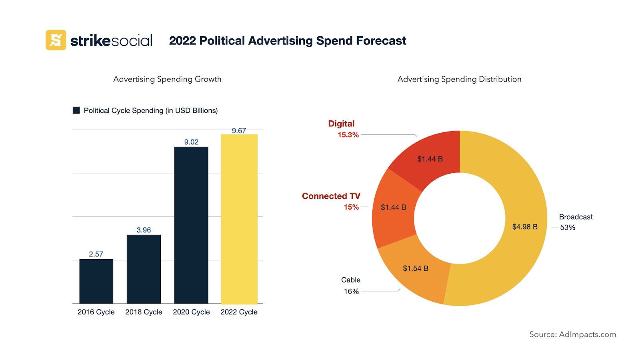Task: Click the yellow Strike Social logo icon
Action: coord(56,40)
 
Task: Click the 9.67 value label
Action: coord(239,131)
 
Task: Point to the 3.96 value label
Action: coord(144,230)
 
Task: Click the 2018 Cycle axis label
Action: coord(144,312)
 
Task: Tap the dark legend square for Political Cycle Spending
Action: coord(76,110)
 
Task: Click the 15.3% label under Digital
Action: coord(348,135)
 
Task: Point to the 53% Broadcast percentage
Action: coord(568,228)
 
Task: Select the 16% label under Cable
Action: coord(351,292)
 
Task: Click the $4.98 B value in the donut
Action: coord(525,227)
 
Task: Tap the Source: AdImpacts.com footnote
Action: coord(572,334)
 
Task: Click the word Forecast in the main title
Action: coord(381,41)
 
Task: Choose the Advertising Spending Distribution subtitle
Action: coord(459,79)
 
